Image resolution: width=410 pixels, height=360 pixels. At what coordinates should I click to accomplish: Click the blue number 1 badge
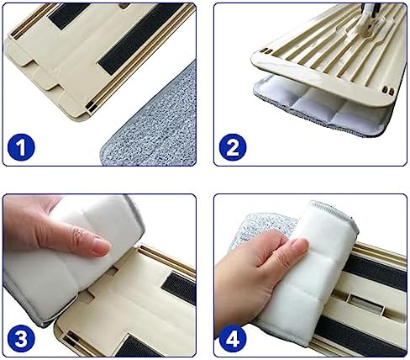click(x=21, y=147)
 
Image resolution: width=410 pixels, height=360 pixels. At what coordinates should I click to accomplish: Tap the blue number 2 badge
click(x=233, y=147)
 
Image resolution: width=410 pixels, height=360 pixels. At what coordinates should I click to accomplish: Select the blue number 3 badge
click(x=21, y=339)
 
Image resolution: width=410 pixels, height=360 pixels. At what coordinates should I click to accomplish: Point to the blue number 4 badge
click(x=233, y=339)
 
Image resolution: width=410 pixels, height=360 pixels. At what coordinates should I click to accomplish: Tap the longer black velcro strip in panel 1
click(x=140, y=40)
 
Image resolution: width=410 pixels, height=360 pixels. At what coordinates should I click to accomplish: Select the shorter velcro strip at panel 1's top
click(x=69, y=14)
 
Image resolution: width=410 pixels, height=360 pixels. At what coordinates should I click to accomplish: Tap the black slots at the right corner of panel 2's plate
click(x=387, y=91)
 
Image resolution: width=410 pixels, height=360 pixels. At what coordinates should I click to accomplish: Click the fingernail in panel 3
click(x=102, y=246)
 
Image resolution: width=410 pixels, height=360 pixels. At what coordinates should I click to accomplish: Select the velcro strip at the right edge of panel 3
click(x=179, y=288)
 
